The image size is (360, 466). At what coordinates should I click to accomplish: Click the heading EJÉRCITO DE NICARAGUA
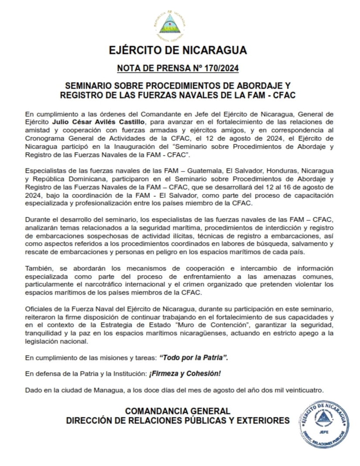pos(178,50)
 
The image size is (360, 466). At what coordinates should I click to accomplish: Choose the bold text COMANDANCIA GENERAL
pos(178,411)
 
